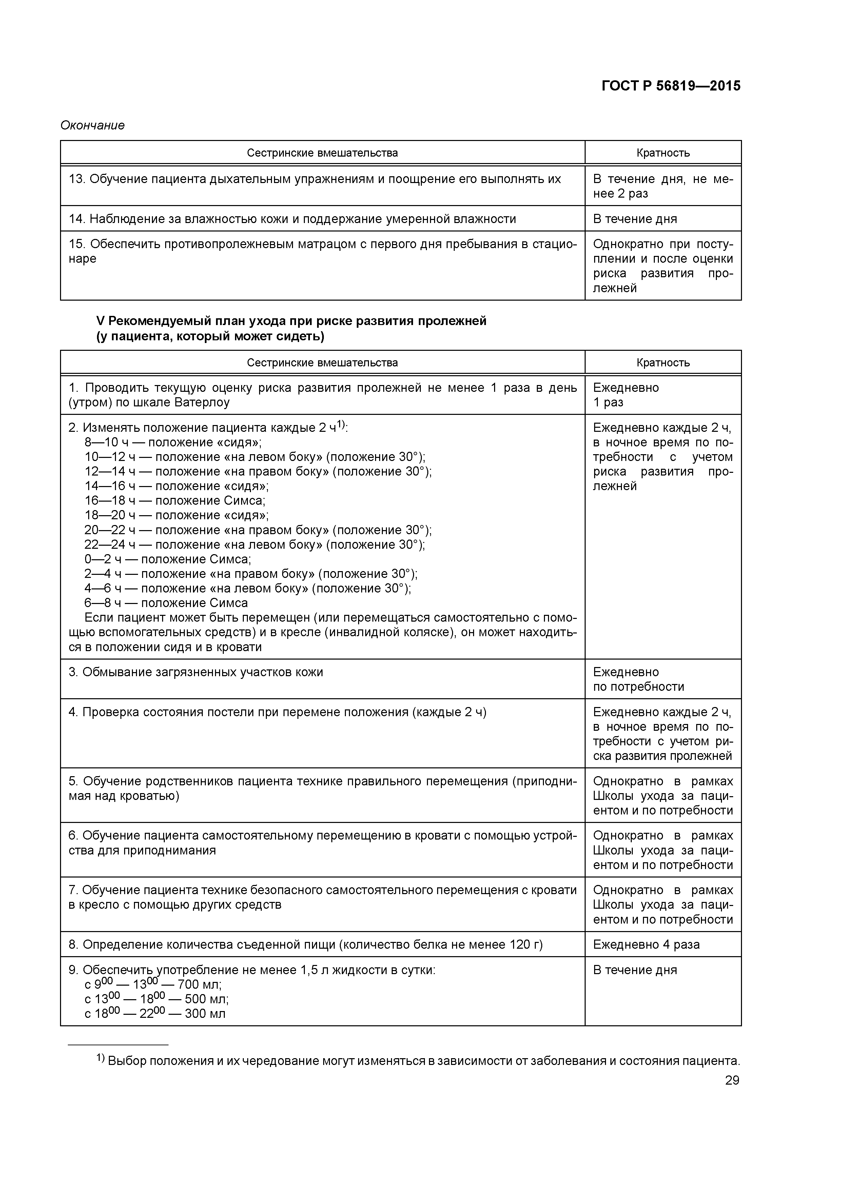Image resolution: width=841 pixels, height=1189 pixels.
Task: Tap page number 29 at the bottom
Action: (732, 1080)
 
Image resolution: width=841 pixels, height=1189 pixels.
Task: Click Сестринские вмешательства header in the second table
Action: (322, 363)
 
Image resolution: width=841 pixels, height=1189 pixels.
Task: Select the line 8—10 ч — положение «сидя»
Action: (173, 442)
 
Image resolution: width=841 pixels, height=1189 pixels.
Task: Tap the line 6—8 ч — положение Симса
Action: (166, 603)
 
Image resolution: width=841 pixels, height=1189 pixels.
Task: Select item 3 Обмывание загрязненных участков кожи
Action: (195, 672)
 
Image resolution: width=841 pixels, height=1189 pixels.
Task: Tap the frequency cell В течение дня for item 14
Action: (635, 219)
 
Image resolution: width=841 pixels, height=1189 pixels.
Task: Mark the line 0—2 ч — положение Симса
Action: (168, 559)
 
